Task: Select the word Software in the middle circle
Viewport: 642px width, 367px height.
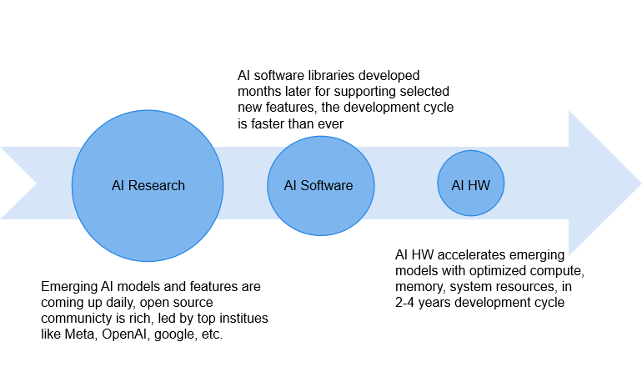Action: point(327,185)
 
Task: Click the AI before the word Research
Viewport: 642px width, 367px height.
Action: point(117,185)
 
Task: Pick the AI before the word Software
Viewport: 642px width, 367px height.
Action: point(289,185)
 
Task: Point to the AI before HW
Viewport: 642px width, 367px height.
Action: point(457,185)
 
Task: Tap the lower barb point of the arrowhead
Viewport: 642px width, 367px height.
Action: point(569,254)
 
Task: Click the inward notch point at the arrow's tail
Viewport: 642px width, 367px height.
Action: point(35,183)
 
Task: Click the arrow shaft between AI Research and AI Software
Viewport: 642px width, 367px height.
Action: point(245,183)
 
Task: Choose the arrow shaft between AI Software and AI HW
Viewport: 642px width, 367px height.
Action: point(405,183)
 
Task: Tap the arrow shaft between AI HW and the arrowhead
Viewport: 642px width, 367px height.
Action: point(535,183)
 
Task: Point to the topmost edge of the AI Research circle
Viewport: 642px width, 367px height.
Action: point(148,111)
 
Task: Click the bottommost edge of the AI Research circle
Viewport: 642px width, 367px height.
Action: point(148,261)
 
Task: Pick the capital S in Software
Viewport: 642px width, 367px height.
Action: point(303,185)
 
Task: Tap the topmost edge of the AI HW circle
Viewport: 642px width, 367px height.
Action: point(471,151)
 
